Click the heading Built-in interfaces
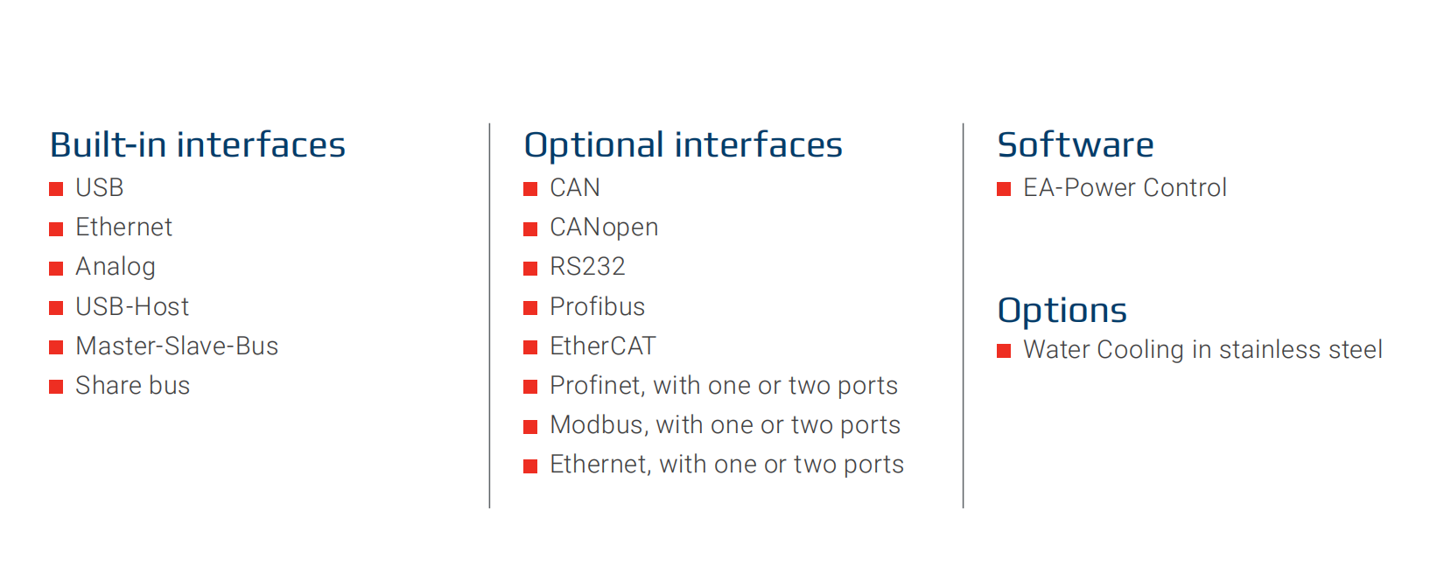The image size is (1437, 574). [x=198, y=145]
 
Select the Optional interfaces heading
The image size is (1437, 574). [x=683, y=146]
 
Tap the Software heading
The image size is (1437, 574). [x=1076, y=145]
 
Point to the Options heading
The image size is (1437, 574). [x=1062, y=311]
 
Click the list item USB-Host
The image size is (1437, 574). [x=132, y=306]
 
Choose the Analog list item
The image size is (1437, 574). [x=116, y=268]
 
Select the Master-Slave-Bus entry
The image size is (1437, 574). [x=177, y=346]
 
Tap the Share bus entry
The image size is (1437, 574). [x=133, y=386]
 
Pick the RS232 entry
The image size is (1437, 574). [x=587, y=267]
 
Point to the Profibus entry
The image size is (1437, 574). [x=597, y=306]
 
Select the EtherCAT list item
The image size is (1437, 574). [x=603, y=346]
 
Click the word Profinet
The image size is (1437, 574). [x=597, y=386]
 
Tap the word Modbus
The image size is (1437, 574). [x=597, y=426]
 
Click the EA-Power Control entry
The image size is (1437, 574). [x=1125, y=188]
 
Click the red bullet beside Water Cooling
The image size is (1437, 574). [x=1004, y=351]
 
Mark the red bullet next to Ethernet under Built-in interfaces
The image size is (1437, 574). [x=57, y=229]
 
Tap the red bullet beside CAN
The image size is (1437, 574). [x=530, y=189]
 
